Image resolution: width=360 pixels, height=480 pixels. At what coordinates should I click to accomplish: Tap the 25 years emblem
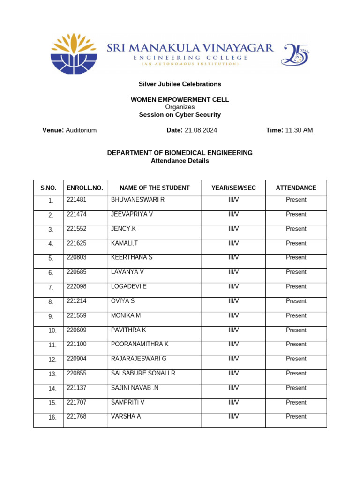tap(295, 54)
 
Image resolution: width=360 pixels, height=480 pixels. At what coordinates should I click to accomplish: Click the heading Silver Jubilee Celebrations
tap(180, 84)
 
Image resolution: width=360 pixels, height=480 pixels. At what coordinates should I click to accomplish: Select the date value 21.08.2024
tap(201, 130)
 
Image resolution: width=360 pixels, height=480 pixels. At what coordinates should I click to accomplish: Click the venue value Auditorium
tap(81, 130)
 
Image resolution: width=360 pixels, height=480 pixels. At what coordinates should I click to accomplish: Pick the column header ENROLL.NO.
tap(85, 188)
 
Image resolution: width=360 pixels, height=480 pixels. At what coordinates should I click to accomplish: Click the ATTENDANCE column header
tap(296, 188)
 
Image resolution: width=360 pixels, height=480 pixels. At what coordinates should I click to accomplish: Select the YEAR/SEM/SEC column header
tap(233, 188)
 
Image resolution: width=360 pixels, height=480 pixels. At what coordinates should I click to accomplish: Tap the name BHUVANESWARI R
tap(138, 200)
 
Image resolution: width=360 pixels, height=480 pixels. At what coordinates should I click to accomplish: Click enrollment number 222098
tap(76, 286)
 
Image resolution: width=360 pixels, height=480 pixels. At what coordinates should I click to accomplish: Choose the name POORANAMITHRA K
tap(140, 344)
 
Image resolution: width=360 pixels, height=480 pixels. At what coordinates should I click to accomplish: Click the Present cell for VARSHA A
tap(296, 416)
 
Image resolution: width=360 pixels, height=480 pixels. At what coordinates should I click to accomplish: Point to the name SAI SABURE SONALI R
tap(143, 373)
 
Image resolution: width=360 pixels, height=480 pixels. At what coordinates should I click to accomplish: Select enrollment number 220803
tap(76, 257)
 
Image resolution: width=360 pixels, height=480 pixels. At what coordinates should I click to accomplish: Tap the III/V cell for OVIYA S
tap(233, 301)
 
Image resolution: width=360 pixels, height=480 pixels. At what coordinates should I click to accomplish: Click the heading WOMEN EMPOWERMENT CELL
tap(180, 100)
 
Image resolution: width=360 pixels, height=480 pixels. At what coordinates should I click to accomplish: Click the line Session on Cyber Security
tap(180, 115)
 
